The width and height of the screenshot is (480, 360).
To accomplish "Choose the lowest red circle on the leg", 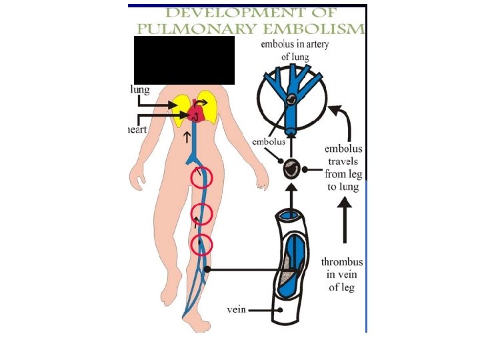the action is pyautogui.click(x=201, y=245).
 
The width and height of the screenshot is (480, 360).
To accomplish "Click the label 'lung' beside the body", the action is pyautogui.click(x=140, y=89).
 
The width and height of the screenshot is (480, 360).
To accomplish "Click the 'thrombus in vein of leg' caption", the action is pyautogui.click(x=342, y=275).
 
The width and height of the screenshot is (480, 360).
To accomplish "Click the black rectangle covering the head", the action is pyautogui.click(x=184, y=60).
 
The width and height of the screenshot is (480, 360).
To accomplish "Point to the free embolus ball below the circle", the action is pyautogui.click(x=291, y=169).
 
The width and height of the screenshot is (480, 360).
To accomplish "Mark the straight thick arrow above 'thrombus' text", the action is pyautogui.click(x=344, y=223).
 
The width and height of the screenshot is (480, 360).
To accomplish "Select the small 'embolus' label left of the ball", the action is pyautogui.click(x=269, y=142).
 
